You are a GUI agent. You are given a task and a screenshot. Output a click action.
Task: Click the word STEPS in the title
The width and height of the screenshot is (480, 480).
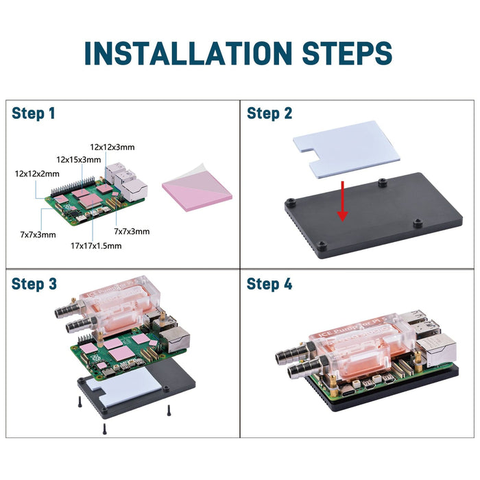pos(340,53)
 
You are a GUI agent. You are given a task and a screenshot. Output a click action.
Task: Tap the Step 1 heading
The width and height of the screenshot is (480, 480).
pos(33,114)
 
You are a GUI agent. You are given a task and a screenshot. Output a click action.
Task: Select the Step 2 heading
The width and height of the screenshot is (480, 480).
pos(269,114)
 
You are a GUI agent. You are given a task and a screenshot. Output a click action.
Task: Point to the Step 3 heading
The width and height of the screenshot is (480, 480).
pos(33,284)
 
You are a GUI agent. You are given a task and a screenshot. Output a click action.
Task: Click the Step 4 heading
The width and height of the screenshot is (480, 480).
pos(269,284)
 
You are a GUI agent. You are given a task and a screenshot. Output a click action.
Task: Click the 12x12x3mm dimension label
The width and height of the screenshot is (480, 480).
pos(112,147)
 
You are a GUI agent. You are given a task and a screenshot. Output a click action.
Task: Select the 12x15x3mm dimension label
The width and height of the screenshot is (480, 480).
pos(79,159)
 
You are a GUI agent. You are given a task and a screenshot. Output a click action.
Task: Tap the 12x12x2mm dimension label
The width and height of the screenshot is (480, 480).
pos(37,174)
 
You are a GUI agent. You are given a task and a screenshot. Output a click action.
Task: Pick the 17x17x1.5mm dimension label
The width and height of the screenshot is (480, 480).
pos(96,245)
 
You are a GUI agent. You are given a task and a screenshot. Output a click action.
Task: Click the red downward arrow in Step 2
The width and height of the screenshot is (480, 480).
pos(343,202)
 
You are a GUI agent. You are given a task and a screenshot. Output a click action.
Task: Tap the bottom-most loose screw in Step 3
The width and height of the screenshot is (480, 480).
pos(104,428)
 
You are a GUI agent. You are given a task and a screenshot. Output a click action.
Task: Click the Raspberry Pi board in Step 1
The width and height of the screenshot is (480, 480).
pos(93,199)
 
